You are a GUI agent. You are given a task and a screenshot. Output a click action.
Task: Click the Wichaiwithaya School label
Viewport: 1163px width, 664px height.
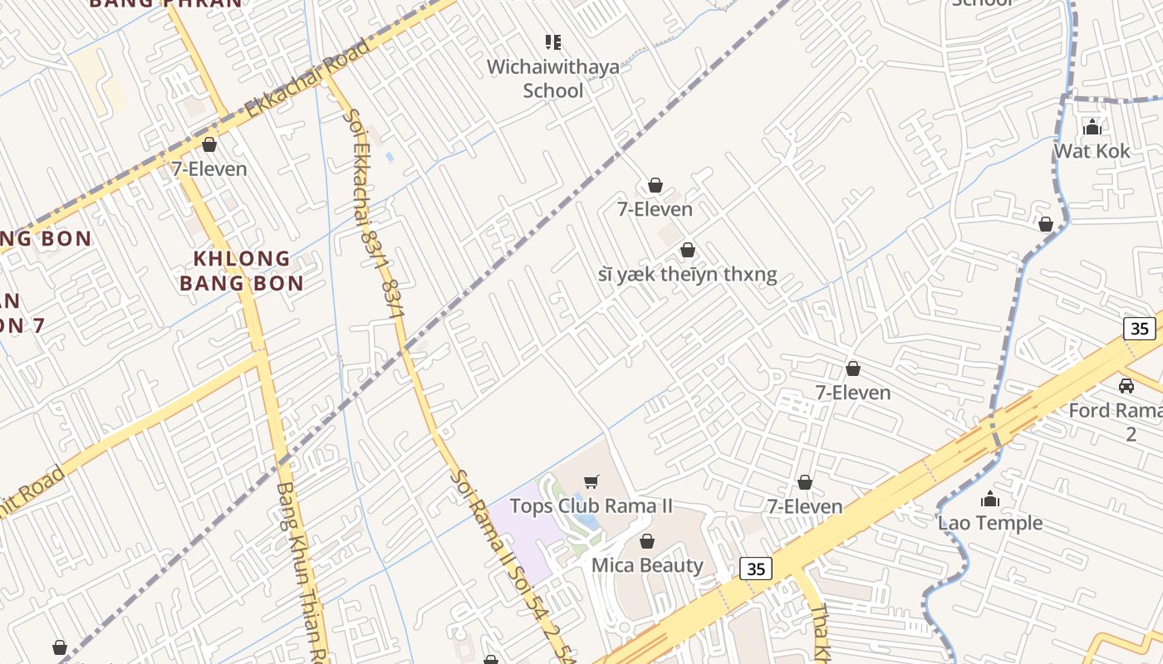pos(552,78)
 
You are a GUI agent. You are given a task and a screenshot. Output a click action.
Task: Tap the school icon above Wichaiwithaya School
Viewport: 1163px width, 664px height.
pos(552,41)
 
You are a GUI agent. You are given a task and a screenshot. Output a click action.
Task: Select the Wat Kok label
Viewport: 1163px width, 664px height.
pos(1092,151)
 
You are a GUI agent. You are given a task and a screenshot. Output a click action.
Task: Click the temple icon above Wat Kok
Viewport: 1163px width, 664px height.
pos(1092,127)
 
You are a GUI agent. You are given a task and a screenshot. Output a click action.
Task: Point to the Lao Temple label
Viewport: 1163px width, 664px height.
pos(989,523)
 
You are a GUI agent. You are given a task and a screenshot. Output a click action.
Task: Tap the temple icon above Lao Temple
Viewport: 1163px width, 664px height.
pos(989,499)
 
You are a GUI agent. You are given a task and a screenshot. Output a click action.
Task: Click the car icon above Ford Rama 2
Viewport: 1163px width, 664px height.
pos(1126,386)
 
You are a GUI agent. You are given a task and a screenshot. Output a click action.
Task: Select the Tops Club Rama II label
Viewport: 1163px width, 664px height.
pos(591,505)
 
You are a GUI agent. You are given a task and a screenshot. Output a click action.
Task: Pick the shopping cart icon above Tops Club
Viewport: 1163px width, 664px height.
pos(591,481)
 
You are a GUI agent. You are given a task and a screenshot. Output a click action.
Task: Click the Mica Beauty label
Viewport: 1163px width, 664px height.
pos(646,565)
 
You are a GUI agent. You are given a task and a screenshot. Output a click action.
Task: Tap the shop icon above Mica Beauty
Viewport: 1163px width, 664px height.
pos(647,542)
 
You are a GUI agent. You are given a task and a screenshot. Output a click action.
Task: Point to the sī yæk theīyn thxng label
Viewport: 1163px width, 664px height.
pos(687,275)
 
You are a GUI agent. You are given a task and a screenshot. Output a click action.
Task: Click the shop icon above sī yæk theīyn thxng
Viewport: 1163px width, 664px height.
pos(688,250)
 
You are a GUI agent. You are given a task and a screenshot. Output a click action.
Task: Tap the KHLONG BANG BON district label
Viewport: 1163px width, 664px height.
pos(241,271)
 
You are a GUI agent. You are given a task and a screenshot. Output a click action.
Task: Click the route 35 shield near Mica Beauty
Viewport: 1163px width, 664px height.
pos(755,569)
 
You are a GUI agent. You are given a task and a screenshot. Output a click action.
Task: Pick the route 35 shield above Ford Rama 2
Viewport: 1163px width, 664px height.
pos(1140,328)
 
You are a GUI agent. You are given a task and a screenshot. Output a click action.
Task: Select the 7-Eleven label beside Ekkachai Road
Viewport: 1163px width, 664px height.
pos(209,169)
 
